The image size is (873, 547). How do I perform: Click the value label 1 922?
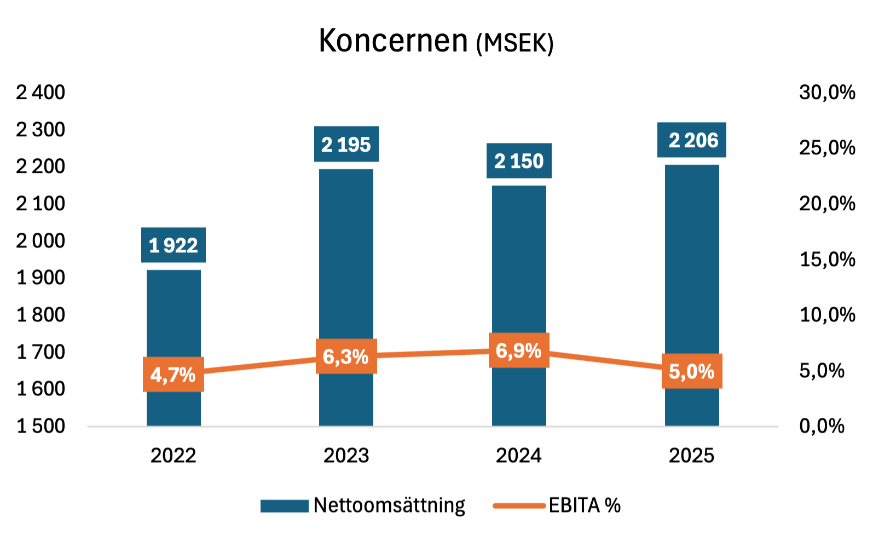point(174,246)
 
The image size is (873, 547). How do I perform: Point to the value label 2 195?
point(346,145)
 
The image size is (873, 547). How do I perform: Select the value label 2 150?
point(519,162)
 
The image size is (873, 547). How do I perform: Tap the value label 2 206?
point(692,141)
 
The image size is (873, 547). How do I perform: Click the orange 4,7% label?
point(174,375)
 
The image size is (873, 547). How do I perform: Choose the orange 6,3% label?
point(346,356)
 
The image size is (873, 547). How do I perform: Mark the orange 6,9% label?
point(519,350)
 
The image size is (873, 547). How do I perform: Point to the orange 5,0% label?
point(692,372)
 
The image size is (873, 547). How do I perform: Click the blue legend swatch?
point(284,506)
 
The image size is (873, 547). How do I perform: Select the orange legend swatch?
point(519,506)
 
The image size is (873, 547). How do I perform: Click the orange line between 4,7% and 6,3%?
point(260,365)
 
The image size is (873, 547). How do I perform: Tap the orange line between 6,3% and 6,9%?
point(432,354)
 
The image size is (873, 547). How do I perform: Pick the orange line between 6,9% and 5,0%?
point(605,361)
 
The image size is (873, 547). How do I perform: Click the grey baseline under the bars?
point(432,428)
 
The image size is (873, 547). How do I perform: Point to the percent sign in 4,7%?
point(188,375)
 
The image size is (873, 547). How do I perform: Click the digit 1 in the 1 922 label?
point(154,246)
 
